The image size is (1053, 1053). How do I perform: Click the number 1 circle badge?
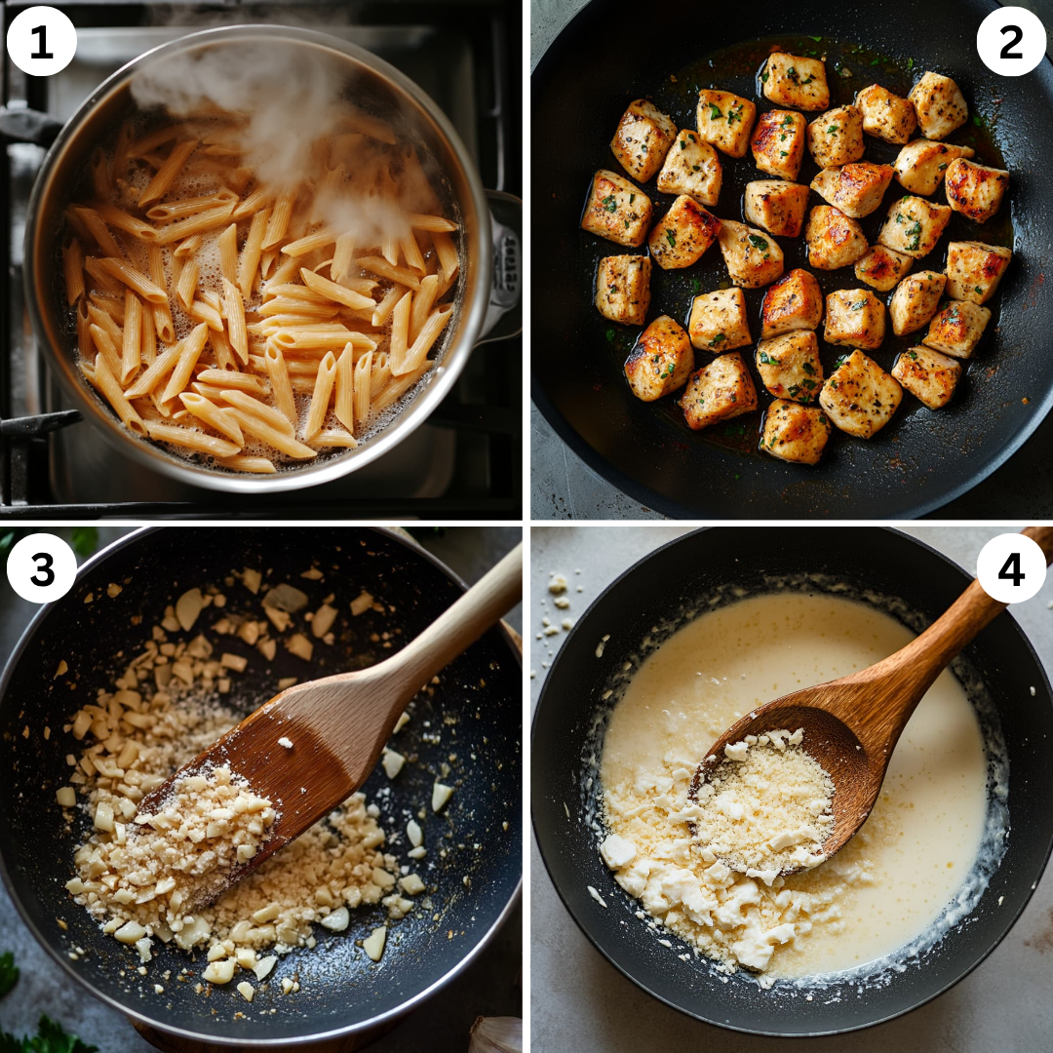coord(42,41)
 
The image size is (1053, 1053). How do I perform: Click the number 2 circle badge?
coord(1011,41)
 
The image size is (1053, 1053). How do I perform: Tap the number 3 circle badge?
coord(42,568)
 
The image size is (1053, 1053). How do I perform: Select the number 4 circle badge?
coord(1011,568)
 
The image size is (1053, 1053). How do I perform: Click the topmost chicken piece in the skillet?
coord(795,81)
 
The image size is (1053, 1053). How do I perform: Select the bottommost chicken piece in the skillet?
coord(794,431)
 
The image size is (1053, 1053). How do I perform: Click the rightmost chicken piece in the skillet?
coord(978,270)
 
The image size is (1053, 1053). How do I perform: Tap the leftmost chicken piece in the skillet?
coord(616,208)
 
